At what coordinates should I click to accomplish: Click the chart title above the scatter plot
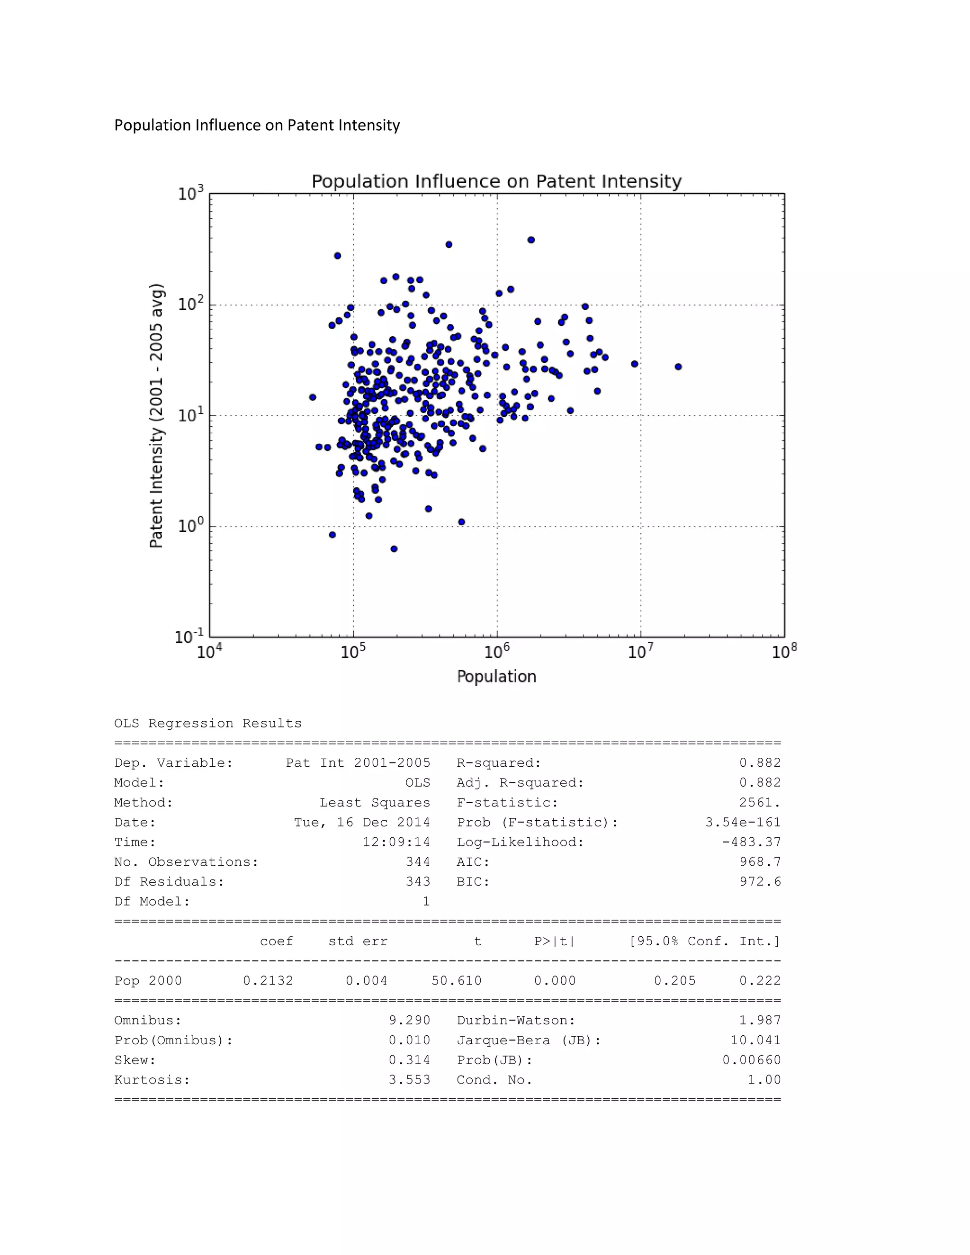point(496,181)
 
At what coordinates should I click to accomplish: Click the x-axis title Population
point(496,676)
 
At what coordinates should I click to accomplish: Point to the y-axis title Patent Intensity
point(157,415)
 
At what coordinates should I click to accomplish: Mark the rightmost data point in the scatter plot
point(678,367)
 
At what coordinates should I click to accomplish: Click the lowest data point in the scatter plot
point(394,549)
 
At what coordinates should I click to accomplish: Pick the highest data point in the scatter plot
point(531,240)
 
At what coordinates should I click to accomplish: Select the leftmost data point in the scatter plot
point(313,397)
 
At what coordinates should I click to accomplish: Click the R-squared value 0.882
point(760,762)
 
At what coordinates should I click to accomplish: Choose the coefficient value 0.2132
point(268,980)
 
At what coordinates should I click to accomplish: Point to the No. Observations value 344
point(418,861)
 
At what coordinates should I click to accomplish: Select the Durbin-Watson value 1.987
point(760,1020)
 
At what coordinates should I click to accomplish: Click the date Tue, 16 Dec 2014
point(362,822)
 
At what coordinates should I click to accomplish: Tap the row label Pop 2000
point(148,980)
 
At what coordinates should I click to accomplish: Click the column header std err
point(358,941)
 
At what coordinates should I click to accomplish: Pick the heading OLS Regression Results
point(207,724)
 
